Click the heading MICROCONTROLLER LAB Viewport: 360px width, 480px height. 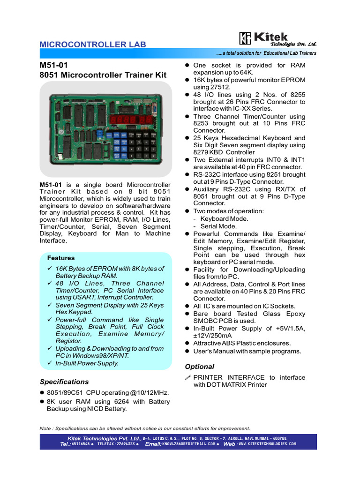click(93, 45)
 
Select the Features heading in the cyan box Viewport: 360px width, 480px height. click(61, 258)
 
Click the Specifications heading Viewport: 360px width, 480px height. click(64, 382)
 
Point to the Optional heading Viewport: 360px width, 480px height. click(199, 367)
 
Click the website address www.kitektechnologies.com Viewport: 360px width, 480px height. click(267, 444)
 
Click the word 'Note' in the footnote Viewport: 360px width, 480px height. click(45, 428)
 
